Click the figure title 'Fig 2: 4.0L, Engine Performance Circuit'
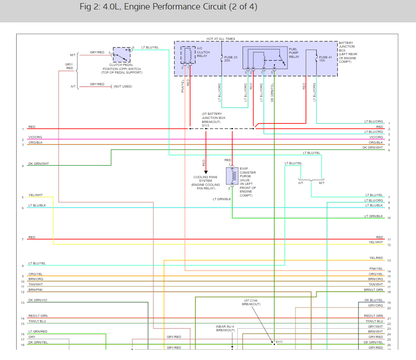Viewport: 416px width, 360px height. [168, 8]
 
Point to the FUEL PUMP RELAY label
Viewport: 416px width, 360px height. [294, 53]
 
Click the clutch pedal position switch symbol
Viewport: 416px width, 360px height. [122, 55]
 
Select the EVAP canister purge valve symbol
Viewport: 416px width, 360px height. [233, 176]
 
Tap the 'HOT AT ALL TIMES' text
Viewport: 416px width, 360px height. [221, 39]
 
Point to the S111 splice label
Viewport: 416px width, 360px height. [279, 342]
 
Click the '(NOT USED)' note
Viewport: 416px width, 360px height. [123, 86]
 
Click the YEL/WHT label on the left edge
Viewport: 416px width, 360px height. [35, 195]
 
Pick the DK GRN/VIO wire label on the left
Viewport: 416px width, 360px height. [38, 300]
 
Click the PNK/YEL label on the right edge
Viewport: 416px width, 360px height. [376, 269]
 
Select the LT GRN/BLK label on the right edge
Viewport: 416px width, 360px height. [374, 216]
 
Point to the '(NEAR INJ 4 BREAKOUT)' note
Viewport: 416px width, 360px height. [225, 328]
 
